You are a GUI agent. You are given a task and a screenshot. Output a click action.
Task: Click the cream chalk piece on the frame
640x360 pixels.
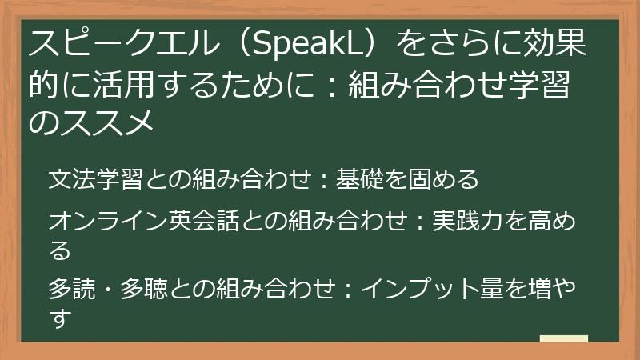click(563, 339)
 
